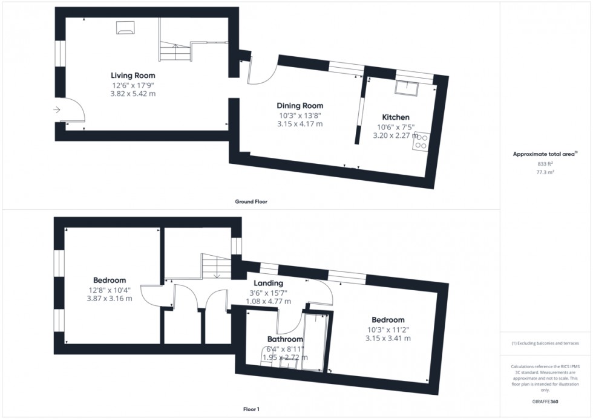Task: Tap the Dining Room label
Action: pos(301,106)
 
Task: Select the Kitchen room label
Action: pos(396,117)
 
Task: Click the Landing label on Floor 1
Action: pos(269,283)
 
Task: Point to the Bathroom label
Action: pos(285,339)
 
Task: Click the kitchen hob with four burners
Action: pos(421,141)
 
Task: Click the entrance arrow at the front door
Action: pos(56,109)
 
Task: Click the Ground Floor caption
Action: pos(251,201)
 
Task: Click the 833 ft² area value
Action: pos(545,164)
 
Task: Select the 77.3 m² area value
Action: pos(545,172)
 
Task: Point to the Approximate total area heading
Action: pos(545,154)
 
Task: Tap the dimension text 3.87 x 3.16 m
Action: pos(110,298)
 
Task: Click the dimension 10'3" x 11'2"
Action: pos(388,329)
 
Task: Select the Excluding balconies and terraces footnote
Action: pos(545,343)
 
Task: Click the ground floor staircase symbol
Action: pos(175,48)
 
